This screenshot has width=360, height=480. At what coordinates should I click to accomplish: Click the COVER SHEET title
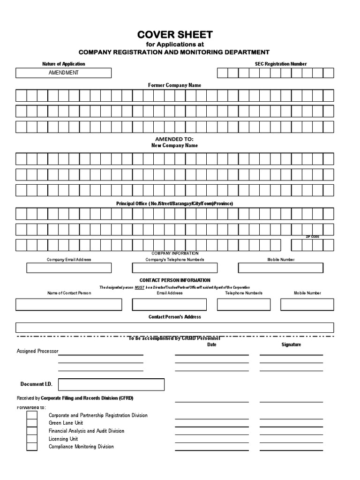(174, 35)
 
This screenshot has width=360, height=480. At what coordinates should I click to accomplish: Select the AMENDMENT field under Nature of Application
(63, 73)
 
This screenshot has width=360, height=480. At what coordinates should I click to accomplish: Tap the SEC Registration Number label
(281, 64)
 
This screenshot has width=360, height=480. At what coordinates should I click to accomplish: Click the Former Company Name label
(174, 85)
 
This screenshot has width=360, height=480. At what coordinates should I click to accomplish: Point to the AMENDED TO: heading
(174, 139)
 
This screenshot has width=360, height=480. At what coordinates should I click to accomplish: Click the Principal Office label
(174, 204)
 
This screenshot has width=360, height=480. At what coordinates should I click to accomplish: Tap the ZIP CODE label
(312, 237)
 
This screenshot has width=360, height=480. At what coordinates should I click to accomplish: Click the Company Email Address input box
(69, 268)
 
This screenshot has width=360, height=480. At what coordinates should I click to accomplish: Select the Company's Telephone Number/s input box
(174, 268)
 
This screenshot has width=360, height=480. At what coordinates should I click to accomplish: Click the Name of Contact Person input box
(68, 304)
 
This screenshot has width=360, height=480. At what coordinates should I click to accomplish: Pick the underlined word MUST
(139, 287)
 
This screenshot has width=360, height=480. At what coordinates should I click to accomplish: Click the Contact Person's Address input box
(174, 328)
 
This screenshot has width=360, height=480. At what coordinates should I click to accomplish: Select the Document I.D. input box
(111, 385)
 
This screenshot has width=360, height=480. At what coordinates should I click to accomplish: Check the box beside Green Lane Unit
(32, 423)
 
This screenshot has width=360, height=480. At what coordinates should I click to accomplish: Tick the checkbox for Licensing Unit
(32, 439)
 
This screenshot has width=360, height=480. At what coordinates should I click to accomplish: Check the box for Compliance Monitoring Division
(32, 447)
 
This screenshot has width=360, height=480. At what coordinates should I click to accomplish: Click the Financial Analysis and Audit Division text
(86, 431)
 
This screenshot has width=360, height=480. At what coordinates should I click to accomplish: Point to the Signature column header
(291, 345)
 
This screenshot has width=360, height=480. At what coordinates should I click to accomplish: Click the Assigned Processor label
(37, 351)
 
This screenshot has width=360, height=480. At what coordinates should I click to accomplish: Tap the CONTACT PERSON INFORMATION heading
(174, 280)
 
